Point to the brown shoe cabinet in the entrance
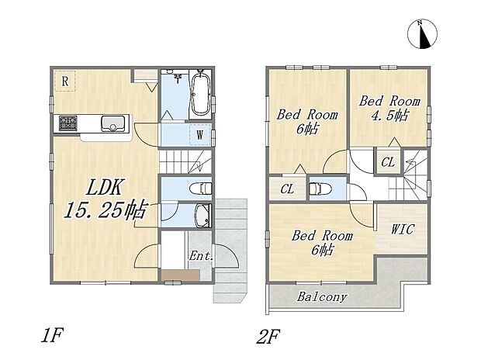point(176,274)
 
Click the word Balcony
point(321,296)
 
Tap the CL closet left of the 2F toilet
point(287,189)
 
